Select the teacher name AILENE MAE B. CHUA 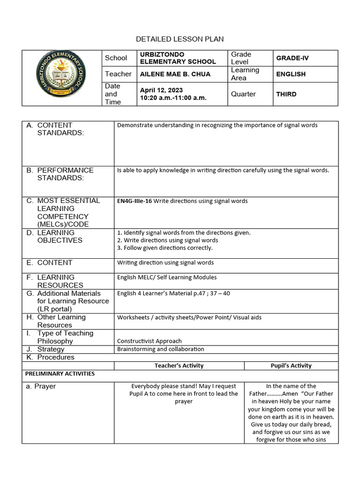pyautogui.click(x=175, y=74)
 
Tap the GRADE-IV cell pyautogui.click(x=292, y=58)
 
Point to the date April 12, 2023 pyautogui.click(x=161, y=90)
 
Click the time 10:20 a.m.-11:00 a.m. pyautogui.click(x=173, y=98)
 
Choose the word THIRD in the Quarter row pyautogui.click(x=286, y=94)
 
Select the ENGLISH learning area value pyautogui.click(x=291, y=74)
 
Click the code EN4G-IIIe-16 pyautogui.click(x=134, y=201)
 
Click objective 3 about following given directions pyautogui.click(x=165, y=248)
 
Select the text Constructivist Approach pyautogui.click(x=149, y=341)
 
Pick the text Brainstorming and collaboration pyautogui.click(x=160, y=349)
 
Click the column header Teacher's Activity pyautogui.click(x=179, y=366)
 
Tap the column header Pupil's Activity pyautogui.click(x=291, y=366)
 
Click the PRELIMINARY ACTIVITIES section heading pyautogui.click(x=60, y=374)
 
